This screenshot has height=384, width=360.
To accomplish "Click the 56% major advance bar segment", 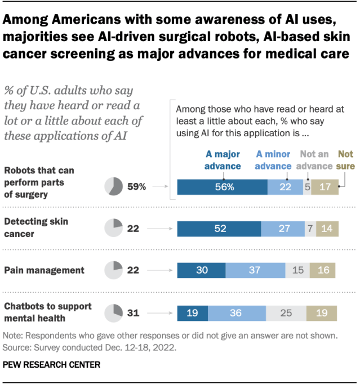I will click(222, 187).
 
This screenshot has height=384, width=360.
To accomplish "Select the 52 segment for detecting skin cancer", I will click(219, 229).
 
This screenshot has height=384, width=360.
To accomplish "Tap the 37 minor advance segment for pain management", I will click(255, 270).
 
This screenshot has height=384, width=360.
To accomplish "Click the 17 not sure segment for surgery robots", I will click(325, 187).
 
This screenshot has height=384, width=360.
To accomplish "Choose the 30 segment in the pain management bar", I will click(201, 270).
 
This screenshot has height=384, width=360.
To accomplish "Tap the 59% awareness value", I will click(137, 187).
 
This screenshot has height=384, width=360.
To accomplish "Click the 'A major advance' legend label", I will click(222, 159).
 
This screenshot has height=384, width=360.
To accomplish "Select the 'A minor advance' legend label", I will click(273, 159).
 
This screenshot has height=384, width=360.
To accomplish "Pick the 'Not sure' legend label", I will click(345, 159).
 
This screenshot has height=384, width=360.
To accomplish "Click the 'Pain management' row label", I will click(44, 270).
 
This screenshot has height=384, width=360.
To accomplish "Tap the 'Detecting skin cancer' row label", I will click(37, 226).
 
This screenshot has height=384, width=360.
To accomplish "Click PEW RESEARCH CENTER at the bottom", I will click(52, 365).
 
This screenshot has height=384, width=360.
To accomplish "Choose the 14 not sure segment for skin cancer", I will click(327, 229).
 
